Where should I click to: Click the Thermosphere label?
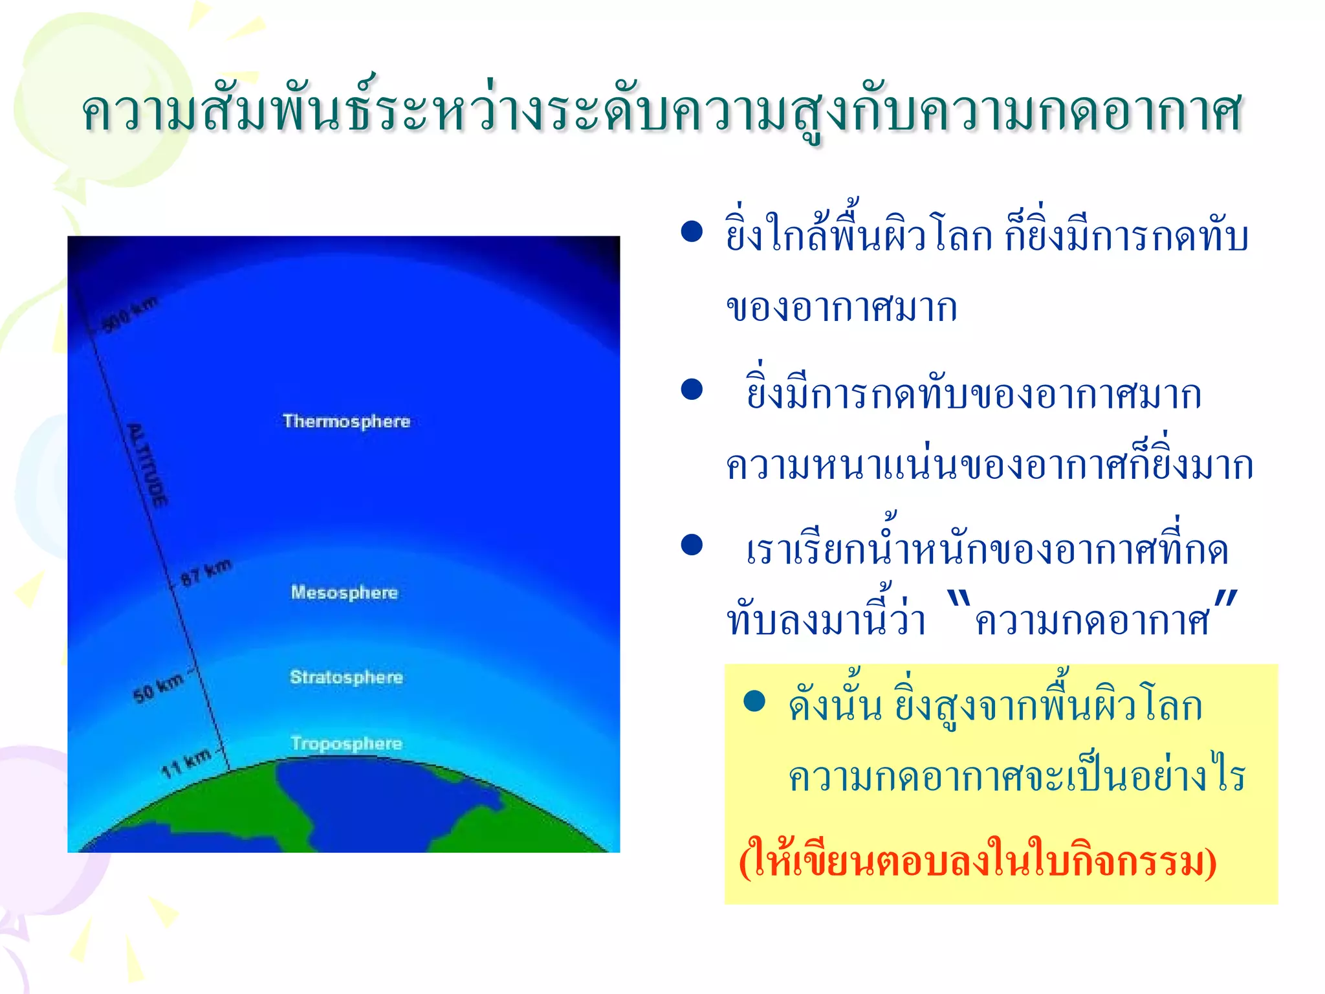[346, 421]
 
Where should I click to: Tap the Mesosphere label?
[344, 592]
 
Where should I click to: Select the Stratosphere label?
[346, 677]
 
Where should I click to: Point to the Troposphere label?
[346, 744]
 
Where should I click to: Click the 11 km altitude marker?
[186, 763]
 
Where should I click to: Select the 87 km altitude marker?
[206, 572]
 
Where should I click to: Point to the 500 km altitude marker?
[130, 315]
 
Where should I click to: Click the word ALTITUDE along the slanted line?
[148, 464]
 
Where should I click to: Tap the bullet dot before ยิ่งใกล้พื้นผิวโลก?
[692, 232]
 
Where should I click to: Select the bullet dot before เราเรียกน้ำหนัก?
[692, 545]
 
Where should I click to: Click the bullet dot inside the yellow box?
[754, 701]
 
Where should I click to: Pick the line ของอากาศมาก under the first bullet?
[841, 307]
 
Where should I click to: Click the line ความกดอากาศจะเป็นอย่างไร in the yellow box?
[1016, 777]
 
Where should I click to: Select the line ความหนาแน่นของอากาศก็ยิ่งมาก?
[989, 465]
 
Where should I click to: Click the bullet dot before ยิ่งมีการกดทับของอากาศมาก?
[692, 389]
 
